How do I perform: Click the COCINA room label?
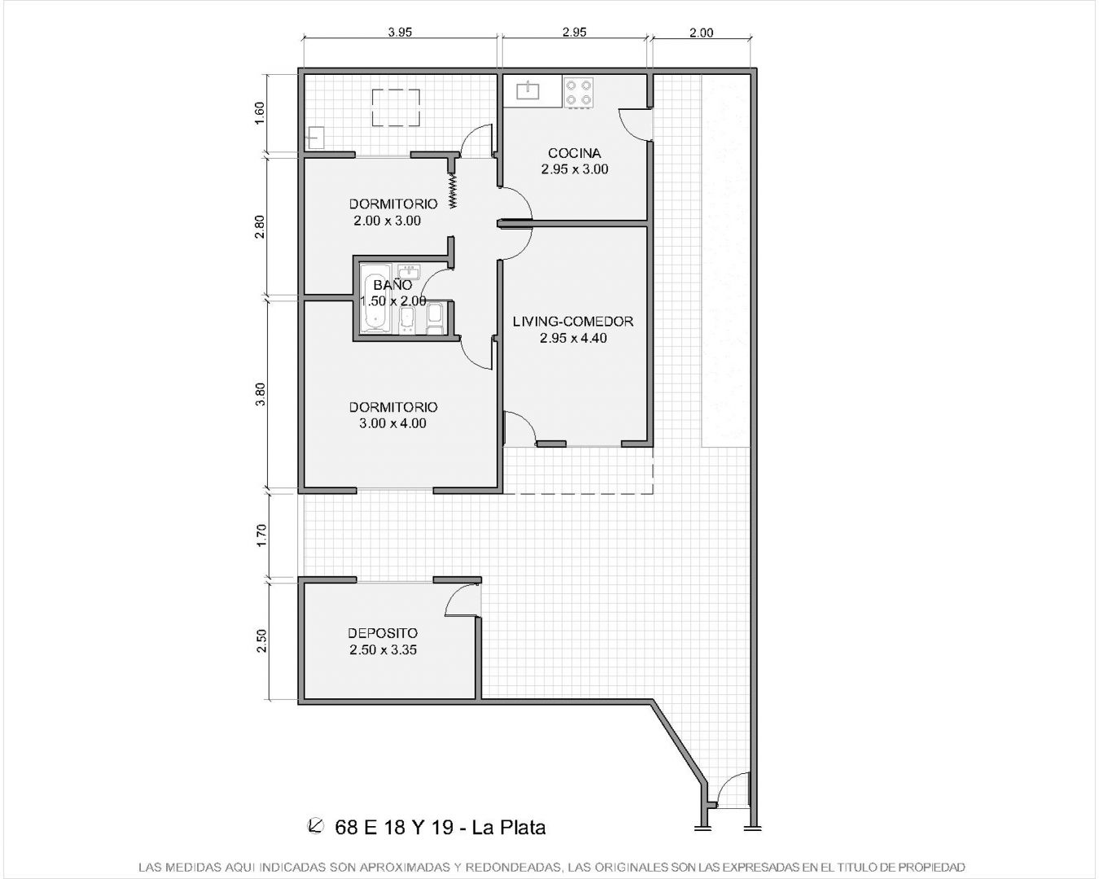tap(574, 153)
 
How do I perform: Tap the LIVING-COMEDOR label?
tap(573, 321)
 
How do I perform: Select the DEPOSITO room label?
tap(383, 633)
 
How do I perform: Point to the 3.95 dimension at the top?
tap(400, 33)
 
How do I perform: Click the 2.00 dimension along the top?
tap(701, 33)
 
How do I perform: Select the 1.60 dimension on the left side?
tap(260, 113)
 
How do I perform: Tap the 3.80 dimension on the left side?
tap(260, 394)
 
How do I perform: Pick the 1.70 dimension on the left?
tap(261, 536)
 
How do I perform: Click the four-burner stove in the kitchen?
tap(579, 92)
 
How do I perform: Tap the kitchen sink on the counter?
tap(528, 91)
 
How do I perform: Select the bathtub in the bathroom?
tap(375, 299)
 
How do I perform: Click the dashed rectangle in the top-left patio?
tap(396, 107)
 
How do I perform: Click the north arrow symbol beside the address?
tap(316, 825)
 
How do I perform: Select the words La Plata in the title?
tap(509, 827)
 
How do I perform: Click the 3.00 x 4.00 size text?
tap(392, 423)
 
